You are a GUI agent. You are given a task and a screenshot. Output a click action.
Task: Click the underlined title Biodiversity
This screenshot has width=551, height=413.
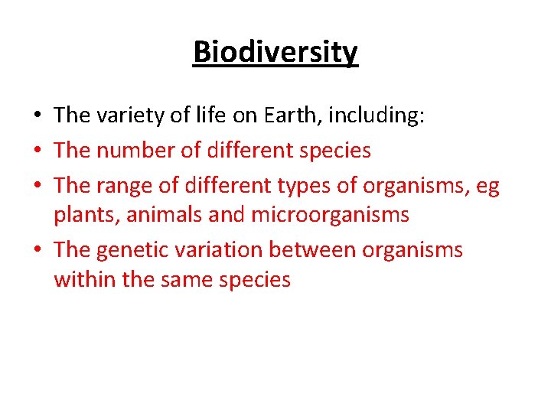click(275, 53)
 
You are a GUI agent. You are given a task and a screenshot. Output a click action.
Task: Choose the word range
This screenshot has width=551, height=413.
click(128, 186)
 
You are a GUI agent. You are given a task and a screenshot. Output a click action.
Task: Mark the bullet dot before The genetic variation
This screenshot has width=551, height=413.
click(37, 251)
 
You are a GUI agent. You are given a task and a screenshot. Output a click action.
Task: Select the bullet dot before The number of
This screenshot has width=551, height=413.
click(37, 151)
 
